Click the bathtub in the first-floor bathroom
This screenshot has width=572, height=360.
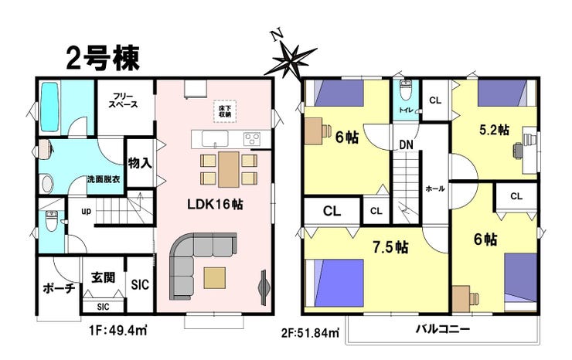(x=50, y=107)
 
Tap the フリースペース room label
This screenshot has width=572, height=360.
(x=124, y=100)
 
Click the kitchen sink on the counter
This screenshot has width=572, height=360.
(x=215, y=139)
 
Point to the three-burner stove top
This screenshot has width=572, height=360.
(x=252, y=139)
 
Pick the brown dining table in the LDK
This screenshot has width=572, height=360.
(x=229, y=170)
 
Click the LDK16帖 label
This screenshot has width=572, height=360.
(x=215, y=204)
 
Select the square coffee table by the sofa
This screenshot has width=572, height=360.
(x=215, y=278)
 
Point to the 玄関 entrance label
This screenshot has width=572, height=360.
(x=104, y=278)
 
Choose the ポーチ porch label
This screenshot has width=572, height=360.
(x=59, y=288)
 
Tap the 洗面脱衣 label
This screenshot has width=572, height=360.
(x=104, y=180)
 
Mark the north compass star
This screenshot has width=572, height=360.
(x=291, y=61)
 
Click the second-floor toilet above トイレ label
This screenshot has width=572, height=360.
(x=405, y=90)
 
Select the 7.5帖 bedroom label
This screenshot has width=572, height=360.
(x=390, y=248)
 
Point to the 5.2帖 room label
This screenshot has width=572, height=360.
(x=494, y=130)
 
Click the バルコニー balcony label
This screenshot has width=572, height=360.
(x=443, y=329)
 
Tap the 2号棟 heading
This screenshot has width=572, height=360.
(x=103, y=58)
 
